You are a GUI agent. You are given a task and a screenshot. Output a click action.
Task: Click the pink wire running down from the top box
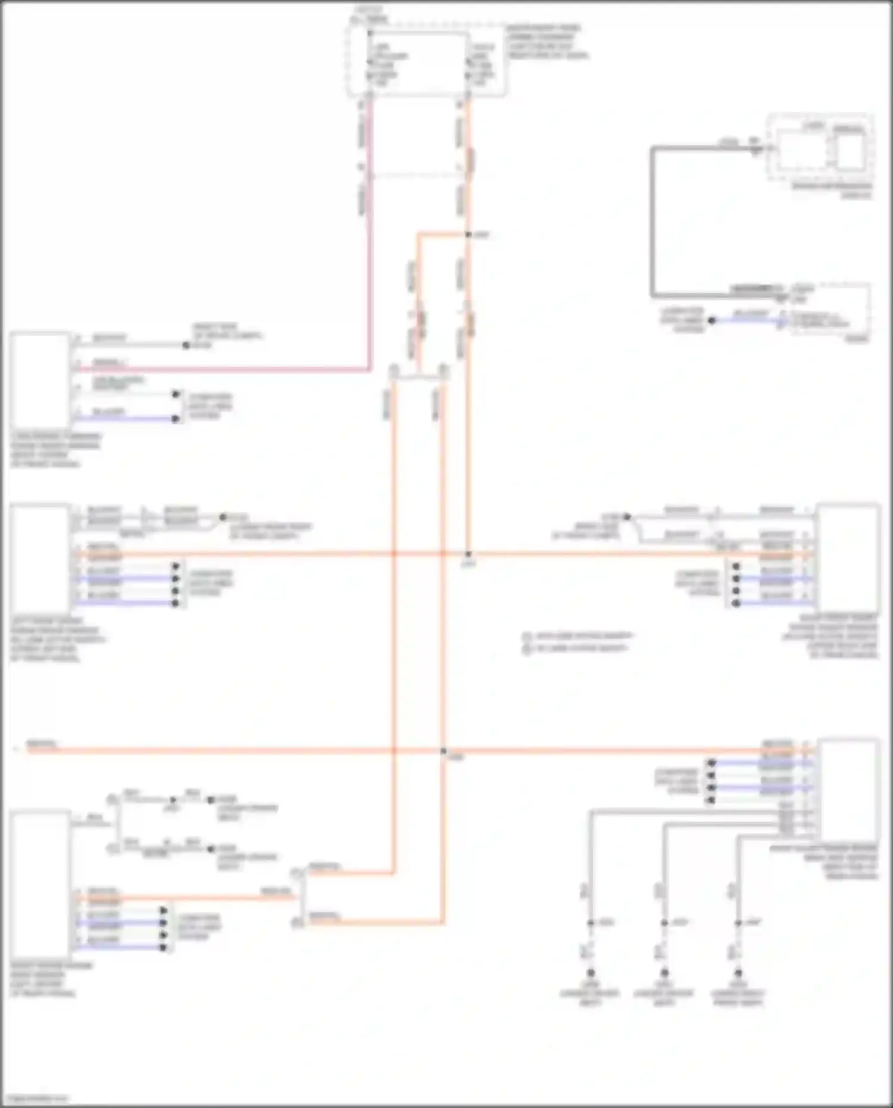(x=370, y=238)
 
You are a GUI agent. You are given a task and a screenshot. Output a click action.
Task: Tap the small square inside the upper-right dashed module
(x=851, y=151)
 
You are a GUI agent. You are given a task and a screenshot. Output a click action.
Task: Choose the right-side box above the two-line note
(x=848, y=557)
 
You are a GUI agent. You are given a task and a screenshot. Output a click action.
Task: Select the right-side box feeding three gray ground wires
(x=848, y=789)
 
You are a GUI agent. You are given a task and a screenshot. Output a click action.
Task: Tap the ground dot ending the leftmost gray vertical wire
(x=591, y=973)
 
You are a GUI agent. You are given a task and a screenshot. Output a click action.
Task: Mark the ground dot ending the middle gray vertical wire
(x=664, y=973)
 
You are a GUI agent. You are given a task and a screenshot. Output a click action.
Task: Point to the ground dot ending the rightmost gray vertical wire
(x=738, y=973)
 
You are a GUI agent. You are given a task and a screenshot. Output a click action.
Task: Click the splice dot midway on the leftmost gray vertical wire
(x=591, y=923)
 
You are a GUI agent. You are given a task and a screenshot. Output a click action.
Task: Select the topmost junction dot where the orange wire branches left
(x=468, y=235)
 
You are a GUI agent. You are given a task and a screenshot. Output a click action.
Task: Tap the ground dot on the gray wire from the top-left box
(x=186, y=345)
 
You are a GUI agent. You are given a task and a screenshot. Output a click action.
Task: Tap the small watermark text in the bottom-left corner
(x=39, y=1098)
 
